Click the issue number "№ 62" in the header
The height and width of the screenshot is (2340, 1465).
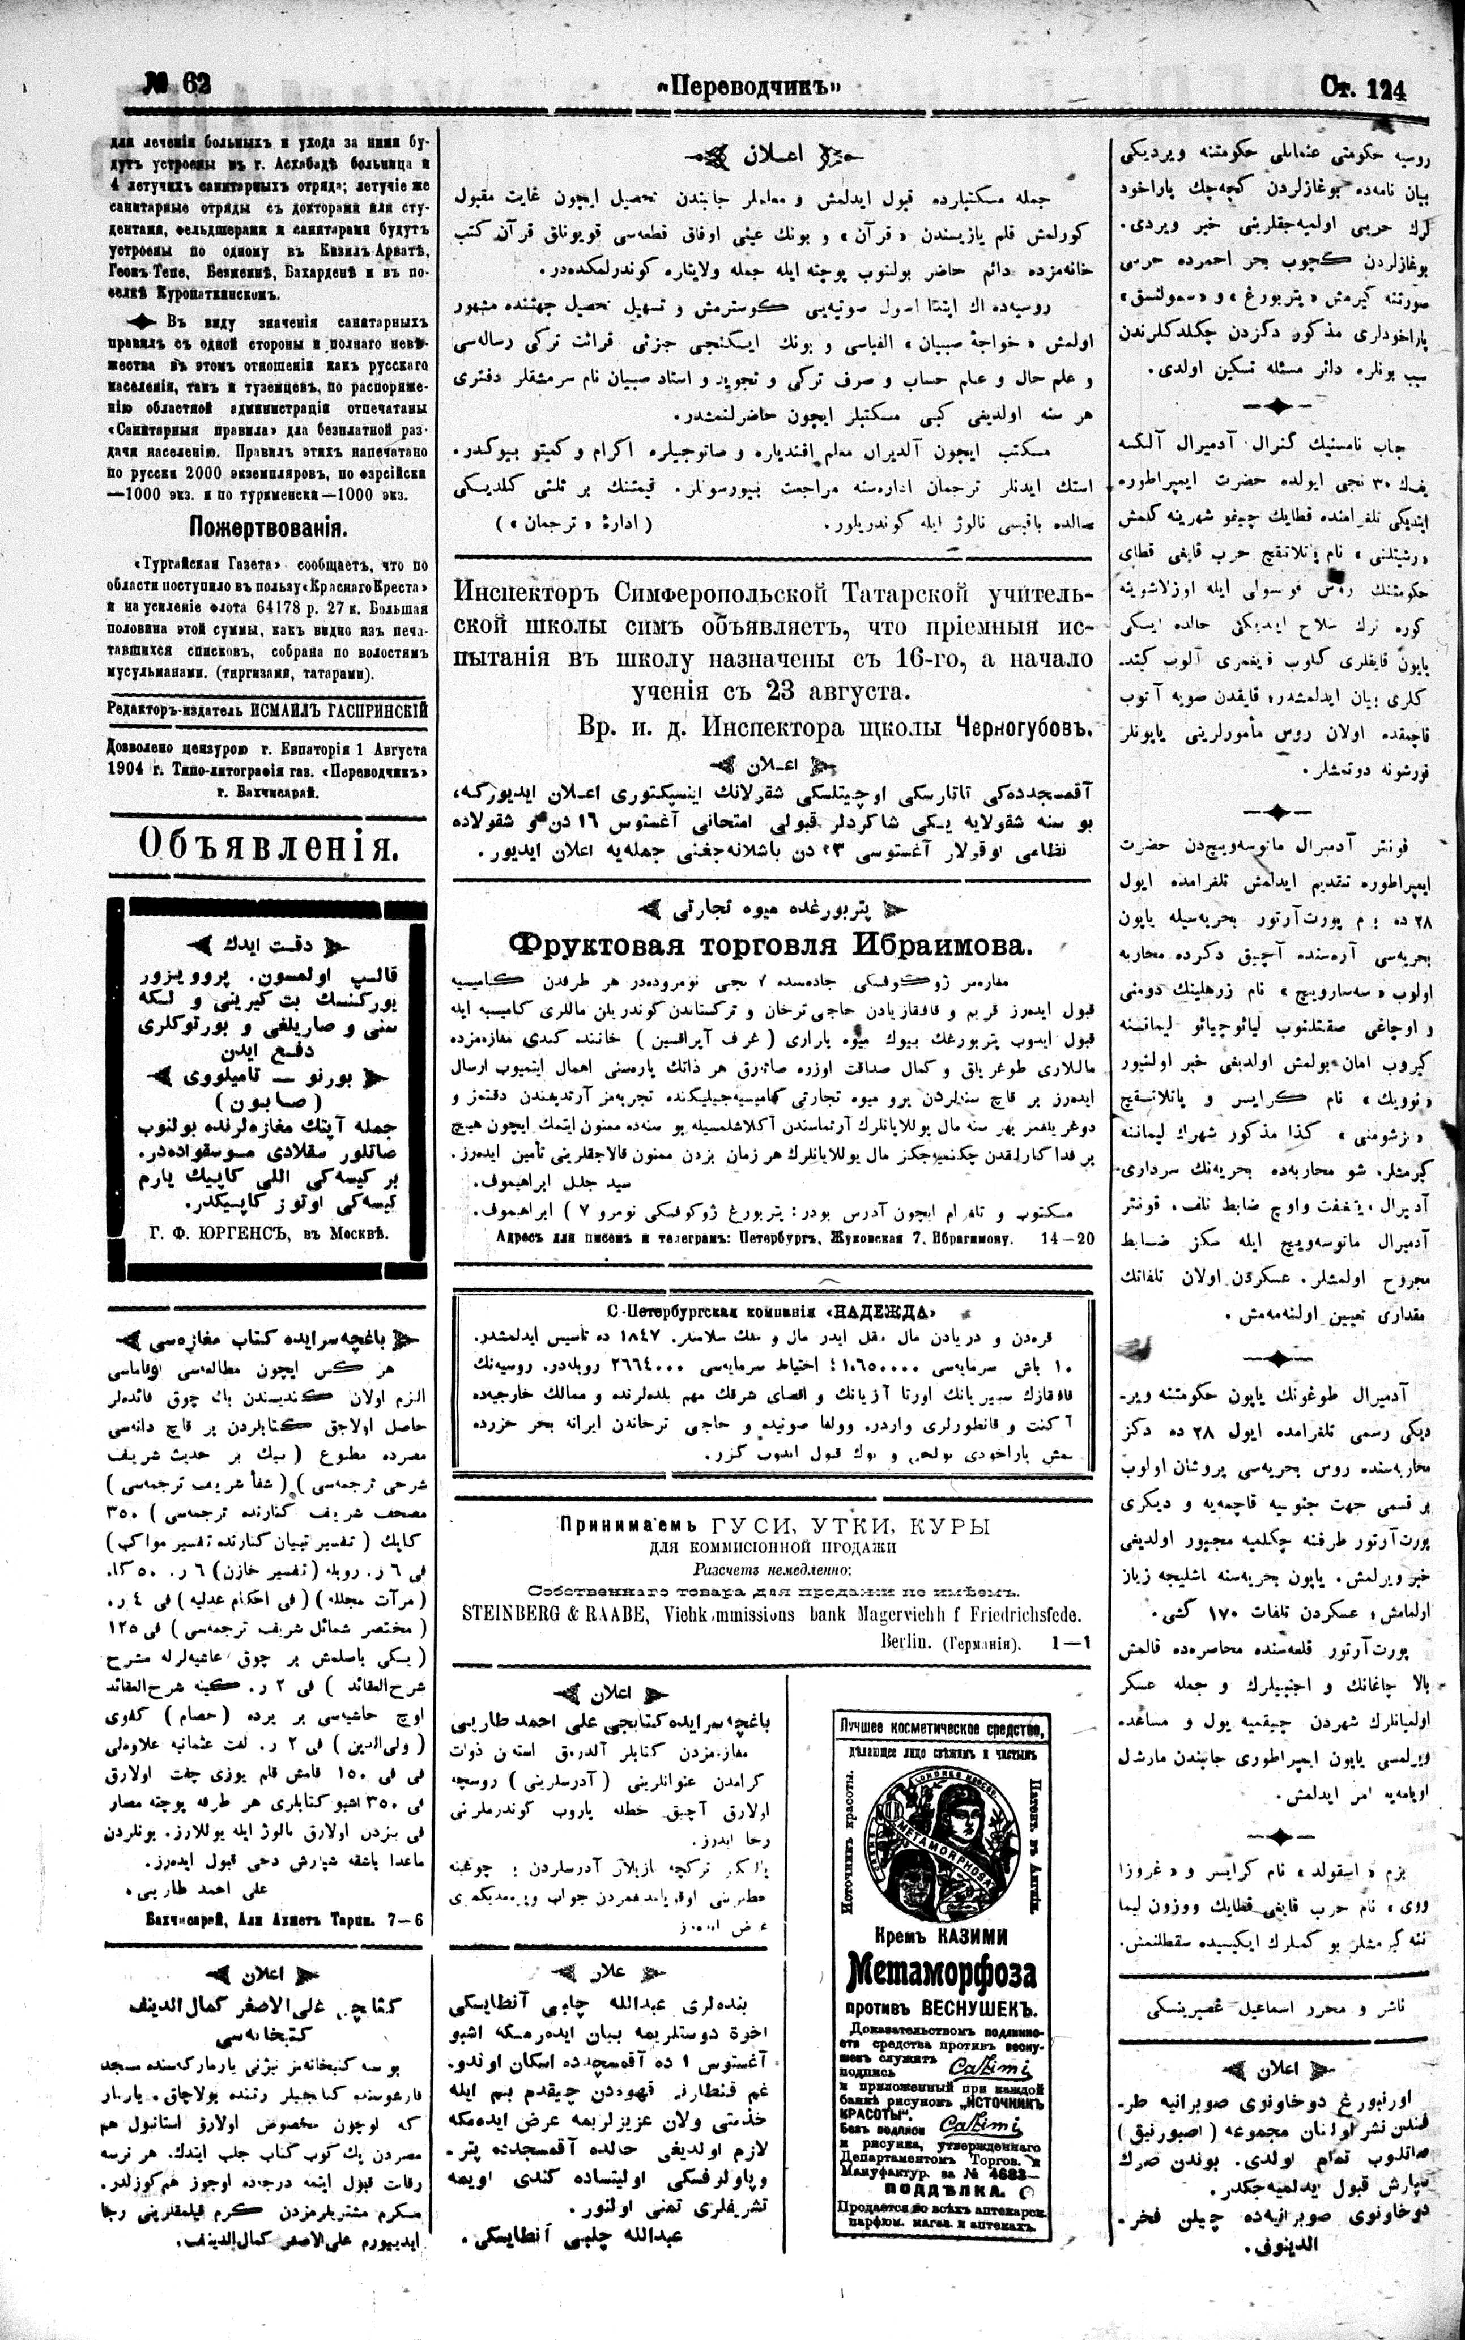pyautogui.click(x=176, y=84)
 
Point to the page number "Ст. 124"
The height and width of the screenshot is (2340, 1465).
pyautogui.click(x=1362, y=89)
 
